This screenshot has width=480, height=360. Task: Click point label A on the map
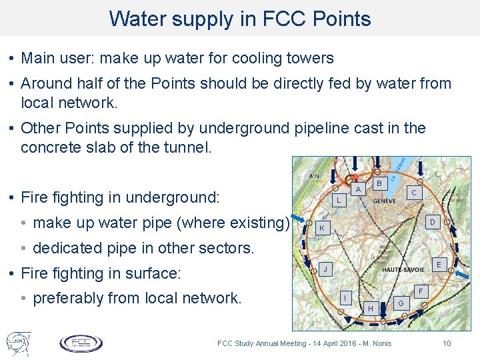point(358,189)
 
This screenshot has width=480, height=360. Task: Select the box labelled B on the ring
point(379,182)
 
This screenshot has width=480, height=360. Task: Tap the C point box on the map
point(414,192)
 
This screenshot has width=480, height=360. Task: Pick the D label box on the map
point(433,221)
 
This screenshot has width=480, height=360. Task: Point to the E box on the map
point(438,264)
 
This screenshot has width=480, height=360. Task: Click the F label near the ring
point(420,291)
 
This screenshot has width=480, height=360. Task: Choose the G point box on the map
point(400,304)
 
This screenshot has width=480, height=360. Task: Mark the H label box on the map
point(371,307)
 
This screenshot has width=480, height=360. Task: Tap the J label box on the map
point(324,269)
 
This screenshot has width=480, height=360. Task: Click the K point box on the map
point(321,228)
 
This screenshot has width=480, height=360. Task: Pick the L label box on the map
point(339,200)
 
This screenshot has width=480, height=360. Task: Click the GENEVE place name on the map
point(385,201)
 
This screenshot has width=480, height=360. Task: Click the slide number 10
point(447,343)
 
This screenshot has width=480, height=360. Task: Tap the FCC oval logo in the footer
point(81,343)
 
